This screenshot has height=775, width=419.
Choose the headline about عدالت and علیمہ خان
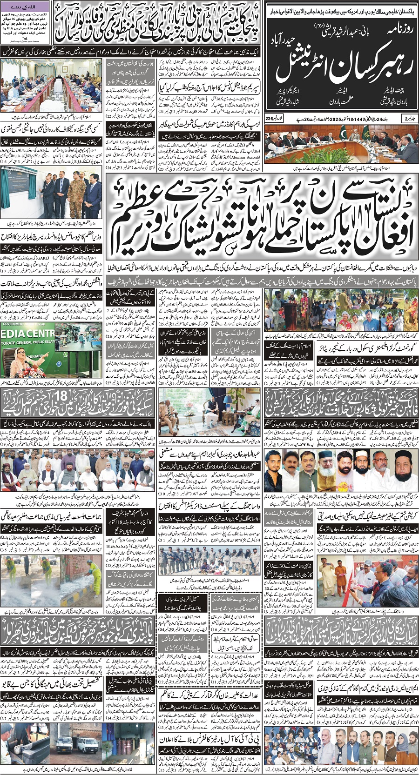[x=210, y=696]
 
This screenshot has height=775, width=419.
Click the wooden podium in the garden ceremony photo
[x=292, y=308]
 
